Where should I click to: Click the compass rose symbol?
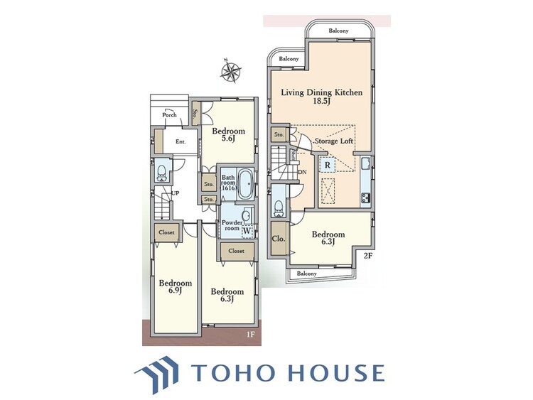pyautogui.click(x=231, y=70)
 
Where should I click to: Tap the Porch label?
pyautogui.click(x=169, y=115)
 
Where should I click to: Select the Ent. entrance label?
pyautogui.click(x=181, y=141)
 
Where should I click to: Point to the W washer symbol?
pyautogui.click(x=247, y=232)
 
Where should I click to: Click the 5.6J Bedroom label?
pyautogui.click(x=228, y=134)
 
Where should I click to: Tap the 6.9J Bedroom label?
pyautogui.click(x=176, y=286)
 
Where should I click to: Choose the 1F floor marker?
pyautogui.click(x=250, y=335)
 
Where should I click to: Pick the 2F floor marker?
pyautogui.click(x=368, y=256)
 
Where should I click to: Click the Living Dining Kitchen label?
pyautogui.click(x=321, y=92)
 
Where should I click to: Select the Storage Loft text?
pyautogui.click(x=334, y=141)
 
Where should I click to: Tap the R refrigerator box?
pyautogui.click(x=328, y=166)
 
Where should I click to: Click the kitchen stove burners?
pyautogui.click(x=366, y=198)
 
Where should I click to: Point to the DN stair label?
pyautogui.click(x=302, y=172)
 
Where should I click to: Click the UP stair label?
pyautogui.click(x=175, y=193)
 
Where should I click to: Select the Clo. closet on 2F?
pyautogui.click(x=279, y=239)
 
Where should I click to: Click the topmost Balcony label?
pyautogui.click(x=338, y=31)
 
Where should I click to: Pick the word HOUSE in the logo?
pyautogui.click(x=336, y=372)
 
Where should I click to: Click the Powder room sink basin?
pyautogui.click(x=246, y=216)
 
